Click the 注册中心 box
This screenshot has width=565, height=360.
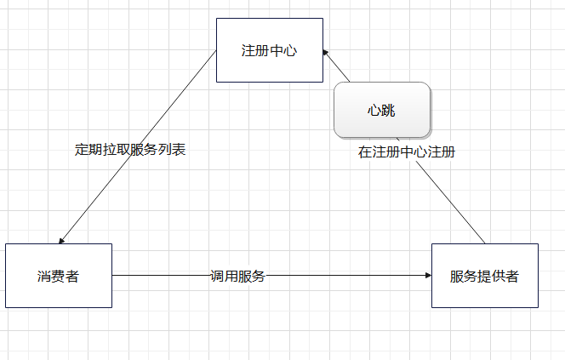pyautogui.click(x=269, y=50)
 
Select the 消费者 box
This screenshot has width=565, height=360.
pyautogui.click(x=58, y=276)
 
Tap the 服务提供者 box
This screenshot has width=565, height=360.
pyautogui.click(x=484, y=276)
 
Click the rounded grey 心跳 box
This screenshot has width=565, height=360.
pyautogui.click(x=381, y=110)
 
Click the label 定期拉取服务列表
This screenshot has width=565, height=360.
pyautogui.click(x=130, y=150)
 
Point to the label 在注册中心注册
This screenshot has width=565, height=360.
pyautogui.click(x=406, y=153)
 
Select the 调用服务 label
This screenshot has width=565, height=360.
pyautogui.click(x=238, y=276)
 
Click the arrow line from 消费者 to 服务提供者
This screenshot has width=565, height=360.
pyautogui.click(x=340, y=276)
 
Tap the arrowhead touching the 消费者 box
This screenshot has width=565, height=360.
pyautogui.click(x=61, y=241)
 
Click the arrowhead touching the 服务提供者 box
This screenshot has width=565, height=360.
pyautogui.click(x=427, y=276)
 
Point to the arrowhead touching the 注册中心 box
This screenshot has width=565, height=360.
pyautogui.click(x=326, y=53)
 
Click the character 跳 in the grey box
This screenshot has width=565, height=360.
pyautogui.click(x=389, y=110)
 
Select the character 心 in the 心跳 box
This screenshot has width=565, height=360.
pyautogui.click(x=374, y=110)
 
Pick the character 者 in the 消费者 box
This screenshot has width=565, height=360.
pyautogui.click(x=75, y=276)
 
